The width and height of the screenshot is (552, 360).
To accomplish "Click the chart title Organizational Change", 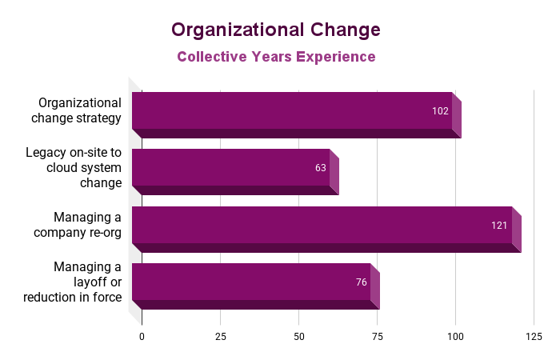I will pos(276,30).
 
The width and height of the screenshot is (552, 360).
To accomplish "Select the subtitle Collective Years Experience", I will pos(276,57).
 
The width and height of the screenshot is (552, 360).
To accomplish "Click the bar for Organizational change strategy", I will pos(292,111).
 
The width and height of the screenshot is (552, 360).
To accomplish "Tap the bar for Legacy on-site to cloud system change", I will pos(231,168).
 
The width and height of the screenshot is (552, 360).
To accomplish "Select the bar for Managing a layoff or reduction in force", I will pos(251,282).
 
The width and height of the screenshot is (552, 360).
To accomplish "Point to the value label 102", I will pos(440,111).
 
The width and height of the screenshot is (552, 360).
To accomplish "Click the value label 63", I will pos(321,169).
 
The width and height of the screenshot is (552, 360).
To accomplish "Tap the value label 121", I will pos(499,226).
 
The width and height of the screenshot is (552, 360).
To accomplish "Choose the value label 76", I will pos(361,282).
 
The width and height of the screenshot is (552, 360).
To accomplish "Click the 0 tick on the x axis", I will pos(142,337).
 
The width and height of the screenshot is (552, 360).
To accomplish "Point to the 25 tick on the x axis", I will pos(220,337).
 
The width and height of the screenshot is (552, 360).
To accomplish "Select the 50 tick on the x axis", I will pos(298,337).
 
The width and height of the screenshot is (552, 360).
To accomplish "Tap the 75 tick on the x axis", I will pos(377,337).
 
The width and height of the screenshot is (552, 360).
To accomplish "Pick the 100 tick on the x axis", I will pos(455,337).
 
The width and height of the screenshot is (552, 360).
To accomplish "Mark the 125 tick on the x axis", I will pos(534,337).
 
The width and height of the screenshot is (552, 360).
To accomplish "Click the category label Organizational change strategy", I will pos(80,110).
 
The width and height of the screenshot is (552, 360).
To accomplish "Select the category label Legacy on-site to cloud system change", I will pos(74,167).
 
